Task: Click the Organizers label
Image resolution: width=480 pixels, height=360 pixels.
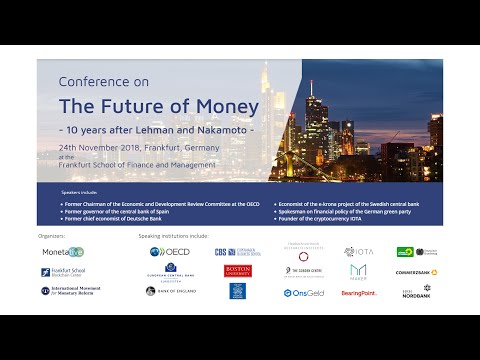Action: coord(52,237)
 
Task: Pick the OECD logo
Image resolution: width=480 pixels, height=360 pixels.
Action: coord(171,252)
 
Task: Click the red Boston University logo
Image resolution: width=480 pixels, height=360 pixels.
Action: coord(237,270)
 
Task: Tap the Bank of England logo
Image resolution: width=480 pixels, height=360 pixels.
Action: coord(172,291)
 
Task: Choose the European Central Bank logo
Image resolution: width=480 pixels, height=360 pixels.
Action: coord(172,271)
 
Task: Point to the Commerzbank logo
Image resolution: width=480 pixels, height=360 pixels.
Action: coord(416,272)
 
